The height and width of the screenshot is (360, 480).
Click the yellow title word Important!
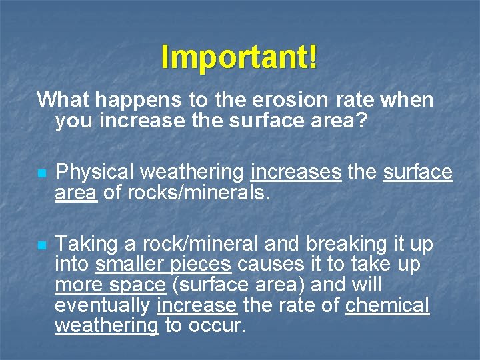pyautogui.click(x=239, y=58)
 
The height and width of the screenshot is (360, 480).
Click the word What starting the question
pyautogui.click(x=63, y=101)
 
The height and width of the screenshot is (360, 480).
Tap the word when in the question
pyautogui.click(x=407, y=101)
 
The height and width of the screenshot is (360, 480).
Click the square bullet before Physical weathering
pyautogui.click(x=41, y=173)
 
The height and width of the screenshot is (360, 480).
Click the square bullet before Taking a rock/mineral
pyautogui.click(x=41, y=245)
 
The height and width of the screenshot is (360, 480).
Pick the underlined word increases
pyautogui.click(x=295, y=173)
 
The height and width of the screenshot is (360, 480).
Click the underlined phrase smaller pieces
pyautogui.click(x=163, y=265)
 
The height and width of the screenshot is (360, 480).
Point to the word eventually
pyautogui.click(x=103, y=306)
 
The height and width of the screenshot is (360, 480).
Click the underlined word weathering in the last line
pyautogui.click(x=107, y=326)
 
